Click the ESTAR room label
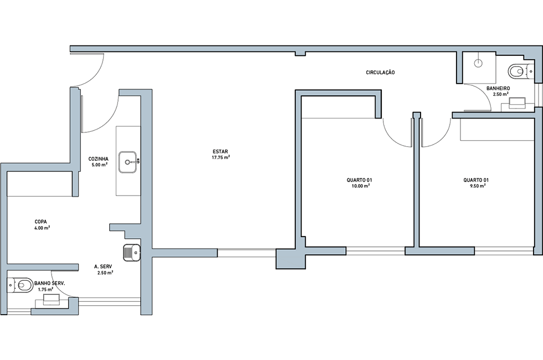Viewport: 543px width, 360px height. pyautogui.click(x=221, y=152)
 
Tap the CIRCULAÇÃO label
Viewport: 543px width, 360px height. pyautogui.click(x=380, y=73)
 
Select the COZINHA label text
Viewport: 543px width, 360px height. pyautogui.click(x=99, y=160)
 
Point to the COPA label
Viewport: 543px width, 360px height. pyautogui.click(x=40, y=222)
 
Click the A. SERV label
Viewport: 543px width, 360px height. pyautogui.click(x=103, y=266)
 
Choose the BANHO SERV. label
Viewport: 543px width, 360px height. pyautogui.click(x=49, y=283)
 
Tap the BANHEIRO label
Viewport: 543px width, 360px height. pyautogui.click(x=498, y=88)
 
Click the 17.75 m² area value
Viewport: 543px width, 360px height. pyautogui.click(x=221, y=157)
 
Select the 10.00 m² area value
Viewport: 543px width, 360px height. pyautogui.click(x=360, y=186)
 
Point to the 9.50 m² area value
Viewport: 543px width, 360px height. pyautogui.click(x=477, y=186)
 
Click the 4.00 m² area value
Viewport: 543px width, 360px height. pyautogui.click(x=42, y=228)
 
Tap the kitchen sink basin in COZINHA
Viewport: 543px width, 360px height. pyautogui.click(x=129, y=162)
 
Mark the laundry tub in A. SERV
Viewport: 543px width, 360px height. pyautogui.click(x=132, y=253)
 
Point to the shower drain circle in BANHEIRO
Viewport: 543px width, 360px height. pyautogui.click(x=478, y=63)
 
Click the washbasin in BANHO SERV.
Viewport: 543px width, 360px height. pyautogui.click(x=51, y=300)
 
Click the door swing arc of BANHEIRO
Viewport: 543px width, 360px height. pyautogui.click(x=483, y=92)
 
